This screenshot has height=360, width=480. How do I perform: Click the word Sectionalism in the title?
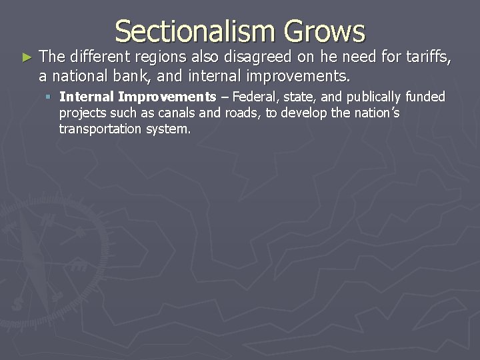[194, 31]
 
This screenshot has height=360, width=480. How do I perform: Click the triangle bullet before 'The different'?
[26, 58]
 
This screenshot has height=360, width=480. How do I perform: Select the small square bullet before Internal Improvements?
[49, 97]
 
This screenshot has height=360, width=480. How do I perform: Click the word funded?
[425, 97]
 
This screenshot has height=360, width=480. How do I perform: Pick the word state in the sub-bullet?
[301, 97]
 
